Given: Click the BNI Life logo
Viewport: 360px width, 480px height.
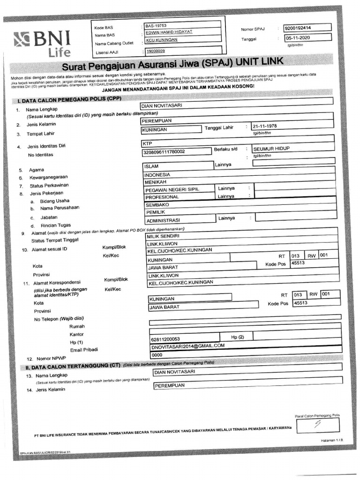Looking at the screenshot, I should pos(42,43).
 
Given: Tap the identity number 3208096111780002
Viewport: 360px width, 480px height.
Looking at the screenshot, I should pos(166,152).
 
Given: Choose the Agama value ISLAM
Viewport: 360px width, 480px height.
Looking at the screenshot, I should pos(152,166).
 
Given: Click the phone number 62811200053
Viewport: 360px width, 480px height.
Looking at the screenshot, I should pos(164,339).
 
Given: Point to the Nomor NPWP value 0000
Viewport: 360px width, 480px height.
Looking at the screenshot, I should pos(157,355).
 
